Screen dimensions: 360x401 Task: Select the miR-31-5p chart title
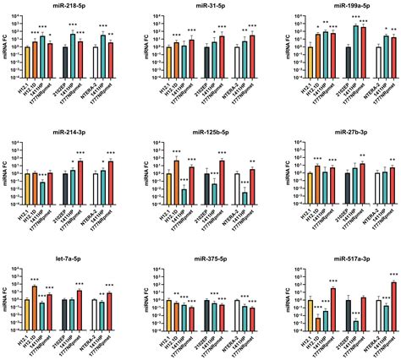tap(200, 6)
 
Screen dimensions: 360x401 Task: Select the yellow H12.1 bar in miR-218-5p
tap(27, 58)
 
